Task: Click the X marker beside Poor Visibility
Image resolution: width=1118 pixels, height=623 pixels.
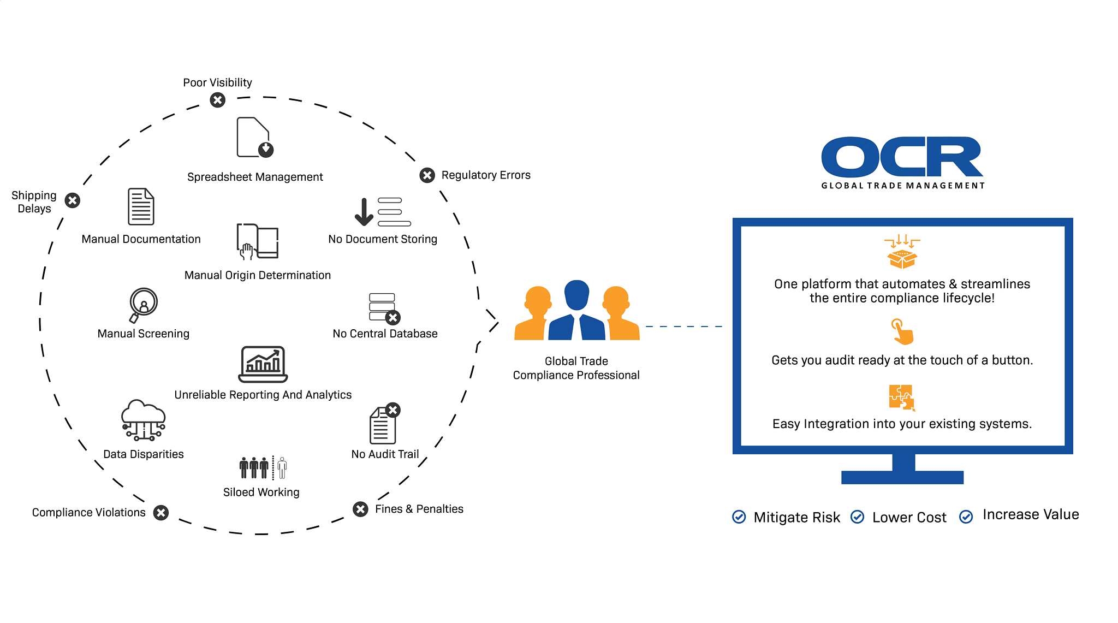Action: point(218,100)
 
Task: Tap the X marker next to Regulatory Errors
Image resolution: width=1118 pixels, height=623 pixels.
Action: point(427,175)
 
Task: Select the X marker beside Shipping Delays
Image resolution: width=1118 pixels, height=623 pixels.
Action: point(73,200)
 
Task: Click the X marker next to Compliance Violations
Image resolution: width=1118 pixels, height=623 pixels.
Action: point(160,513)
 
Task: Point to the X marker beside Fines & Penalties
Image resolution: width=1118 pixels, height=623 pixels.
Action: point(360,509)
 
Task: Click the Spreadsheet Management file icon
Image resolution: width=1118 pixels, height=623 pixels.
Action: point(254,137)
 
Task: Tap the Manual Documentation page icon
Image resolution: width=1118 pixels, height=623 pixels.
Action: point(141,206)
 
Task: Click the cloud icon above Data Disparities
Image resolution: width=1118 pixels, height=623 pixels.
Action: point(143,419)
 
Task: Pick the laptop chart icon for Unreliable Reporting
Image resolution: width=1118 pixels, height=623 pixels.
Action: point(263,364)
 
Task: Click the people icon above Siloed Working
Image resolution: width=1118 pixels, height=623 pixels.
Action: point(263,467)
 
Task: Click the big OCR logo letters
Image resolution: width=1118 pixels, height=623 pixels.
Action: point(902,157)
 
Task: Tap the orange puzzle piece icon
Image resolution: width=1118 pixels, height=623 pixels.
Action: point(902,397)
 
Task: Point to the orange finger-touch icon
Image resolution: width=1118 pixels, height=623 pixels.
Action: point(902,331)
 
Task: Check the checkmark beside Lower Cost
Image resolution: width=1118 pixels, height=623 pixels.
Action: point(858,517)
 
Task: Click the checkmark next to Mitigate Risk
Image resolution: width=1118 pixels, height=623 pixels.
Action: point(739,517)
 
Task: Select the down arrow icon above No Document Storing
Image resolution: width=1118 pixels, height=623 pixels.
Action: point(364,212)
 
